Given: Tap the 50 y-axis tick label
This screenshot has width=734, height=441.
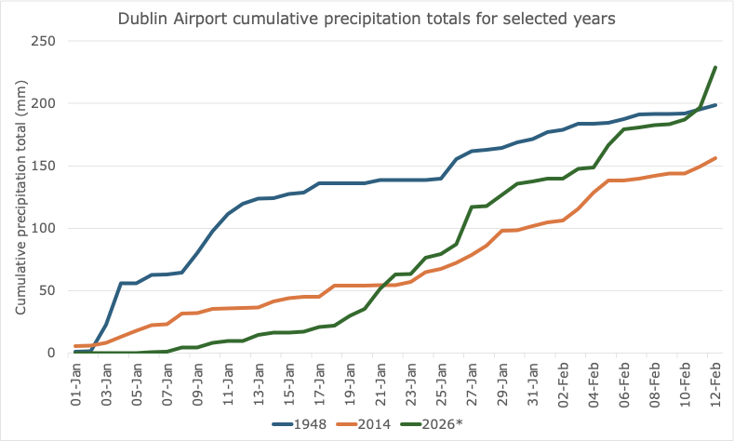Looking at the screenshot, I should point(47,290).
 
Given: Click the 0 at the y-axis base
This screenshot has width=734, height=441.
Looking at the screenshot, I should point(51,353).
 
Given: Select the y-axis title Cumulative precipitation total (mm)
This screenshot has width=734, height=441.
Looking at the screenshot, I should point(20,197).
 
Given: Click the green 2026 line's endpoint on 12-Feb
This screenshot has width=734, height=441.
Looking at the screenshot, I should point(714,67).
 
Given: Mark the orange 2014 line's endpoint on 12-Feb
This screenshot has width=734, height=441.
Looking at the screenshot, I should point(714,158).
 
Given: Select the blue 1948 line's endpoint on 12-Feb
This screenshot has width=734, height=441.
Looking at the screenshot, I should point(714,105).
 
